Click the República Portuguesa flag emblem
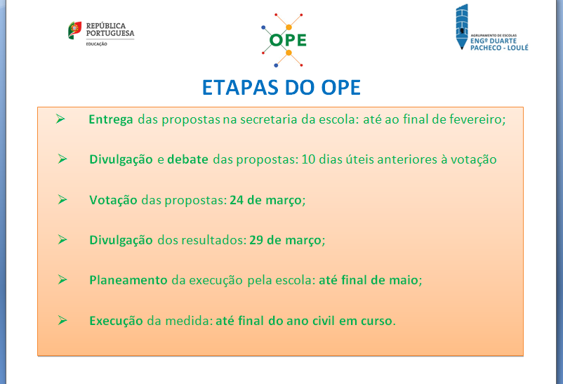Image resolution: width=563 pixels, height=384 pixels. point(74,30)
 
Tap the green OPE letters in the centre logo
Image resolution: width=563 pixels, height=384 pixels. point(288,40)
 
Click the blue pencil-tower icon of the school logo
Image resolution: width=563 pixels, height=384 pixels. point(462,27)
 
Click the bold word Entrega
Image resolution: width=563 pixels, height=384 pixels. point(111,119)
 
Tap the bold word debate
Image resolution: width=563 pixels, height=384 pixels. point(188,159)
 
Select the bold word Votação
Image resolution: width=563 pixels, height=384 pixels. point(113,200)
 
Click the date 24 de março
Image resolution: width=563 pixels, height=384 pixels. point(265,200)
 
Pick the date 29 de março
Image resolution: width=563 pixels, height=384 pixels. point(286,240)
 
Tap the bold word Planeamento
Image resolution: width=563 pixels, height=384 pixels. point(128,280)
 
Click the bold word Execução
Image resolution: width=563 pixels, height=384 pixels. point(116,320)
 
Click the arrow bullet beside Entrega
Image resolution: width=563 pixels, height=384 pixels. point(60,119)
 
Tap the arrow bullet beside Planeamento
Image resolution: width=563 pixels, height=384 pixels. point(62,279)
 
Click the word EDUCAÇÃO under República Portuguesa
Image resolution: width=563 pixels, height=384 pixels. point(96,44)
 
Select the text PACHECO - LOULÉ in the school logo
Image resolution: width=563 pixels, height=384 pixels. point(499,48)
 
